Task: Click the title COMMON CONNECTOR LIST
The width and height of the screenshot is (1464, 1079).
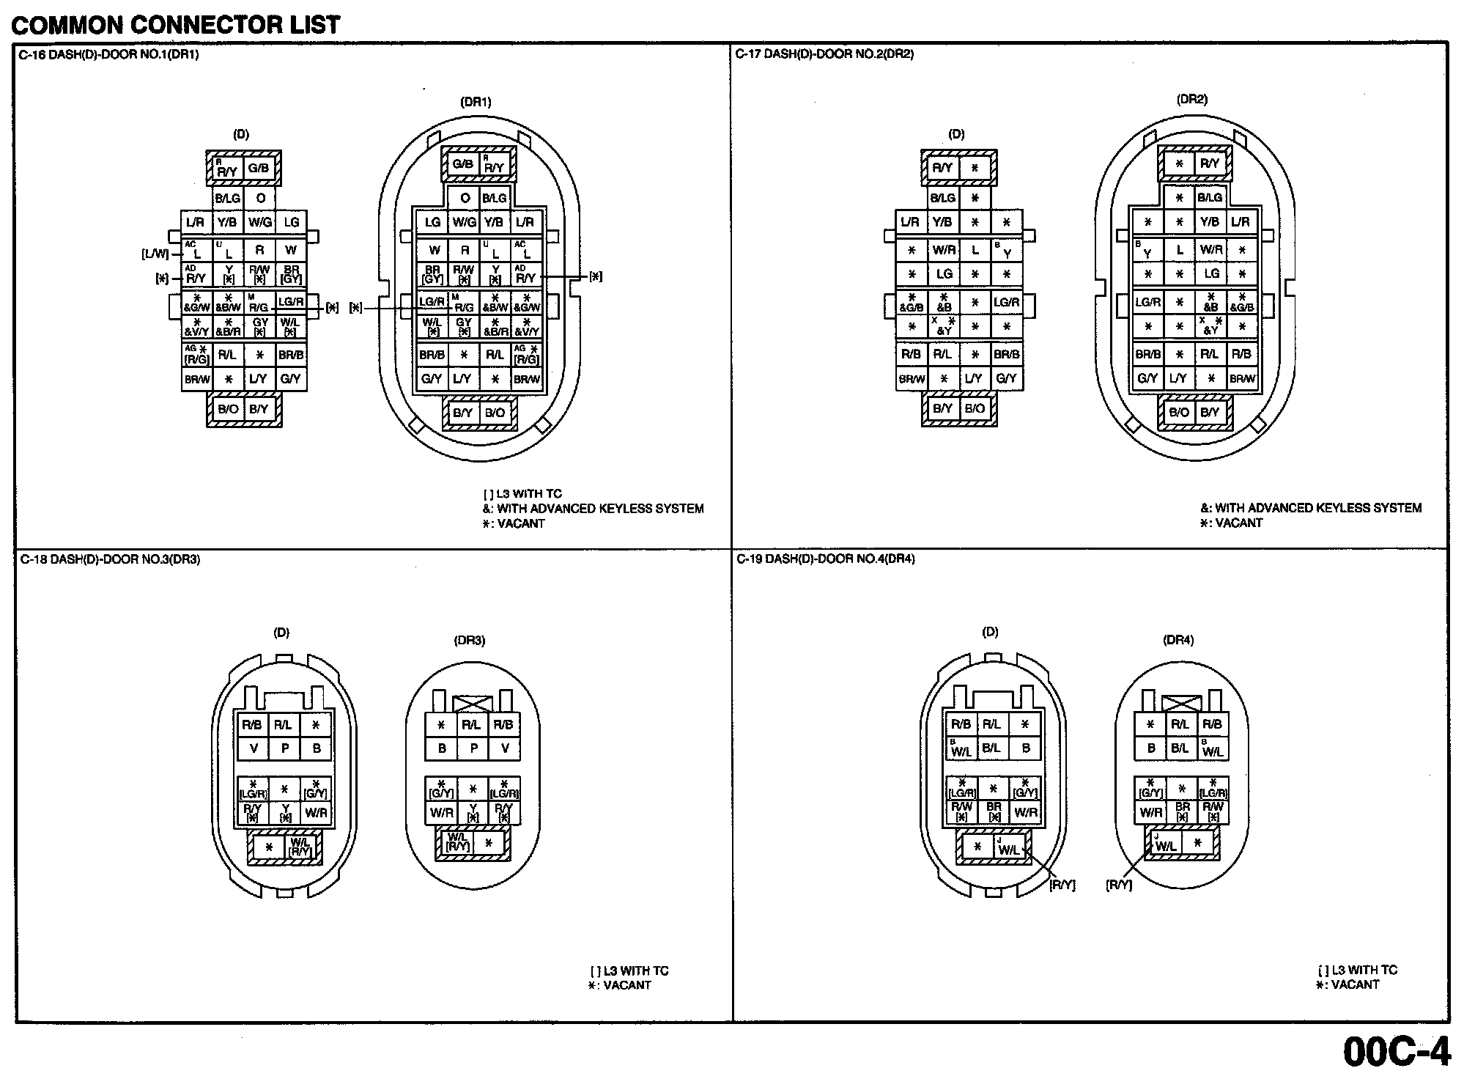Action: pyautogui.click(x=176, y=24)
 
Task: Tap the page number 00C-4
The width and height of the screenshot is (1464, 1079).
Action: pyautogui.click(x=1396, y=1052)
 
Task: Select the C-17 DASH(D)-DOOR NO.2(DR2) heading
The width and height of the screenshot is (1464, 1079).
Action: pyautogui.click(x=824, y=54)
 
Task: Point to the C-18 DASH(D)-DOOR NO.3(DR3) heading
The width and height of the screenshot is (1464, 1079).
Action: pyautogui.click(x=110, y=559)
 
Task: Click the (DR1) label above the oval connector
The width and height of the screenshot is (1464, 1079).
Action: pyautogui.click(x=476, y=102)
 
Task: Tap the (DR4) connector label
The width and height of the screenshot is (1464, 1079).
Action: pyautogui.click(x=1178, y=640)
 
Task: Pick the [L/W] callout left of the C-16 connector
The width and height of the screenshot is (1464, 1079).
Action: pyautogui.click(x=155, y=254)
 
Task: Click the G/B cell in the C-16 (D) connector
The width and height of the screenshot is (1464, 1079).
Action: pyautogui.click(x=259, y=168)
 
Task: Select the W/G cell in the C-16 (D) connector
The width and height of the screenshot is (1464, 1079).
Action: pyautogui.click(x=260, y=221)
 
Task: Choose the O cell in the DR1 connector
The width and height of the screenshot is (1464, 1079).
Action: pyautogui.click(x=465, y=198)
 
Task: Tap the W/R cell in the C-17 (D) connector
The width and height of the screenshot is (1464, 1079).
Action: pyautogui.click(x=944, y=250)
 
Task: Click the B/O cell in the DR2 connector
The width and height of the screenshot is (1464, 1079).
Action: pyautogui.click(x=1179, y=412)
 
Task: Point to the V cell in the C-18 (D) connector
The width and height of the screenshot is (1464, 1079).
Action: pyautogui.click(x=254, y=748)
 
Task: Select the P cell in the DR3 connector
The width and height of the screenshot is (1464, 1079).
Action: pyautogui.click(x=473, y=748)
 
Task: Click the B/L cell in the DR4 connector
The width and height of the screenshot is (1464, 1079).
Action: pyautogui.click(x=1180, y=748)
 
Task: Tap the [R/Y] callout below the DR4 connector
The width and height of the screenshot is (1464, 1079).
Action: pyautogui.click(x=1119, y=885)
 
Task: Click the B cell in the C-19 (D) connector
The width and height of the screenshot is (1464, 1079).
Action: pyautogui.click(x=1025, y=748)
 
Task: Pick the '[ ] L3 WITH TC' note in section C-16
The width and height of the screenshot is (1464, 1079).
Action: pyautogui.click(x=522, y=493)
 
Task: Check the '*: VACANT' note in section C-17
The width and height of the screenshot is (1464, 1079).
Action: pyautogui.click(x=1231, y=523)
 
